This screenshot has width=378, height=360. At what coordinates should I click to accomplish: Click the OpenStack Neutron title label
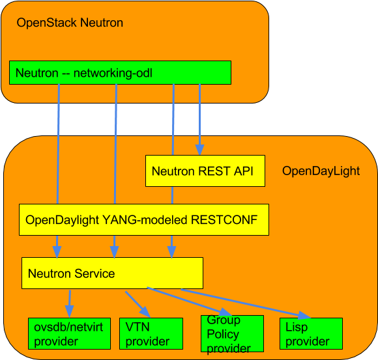tap(70, 23)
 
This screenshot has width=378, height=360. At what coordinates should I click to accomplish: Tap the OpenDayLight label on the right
tap(321, 171)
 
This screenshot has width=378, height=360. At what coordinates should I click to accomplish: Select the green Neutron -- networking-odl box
tap(121, 73)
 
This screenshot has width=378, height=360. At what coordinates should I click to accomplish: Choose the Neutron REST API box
tap(205, 171)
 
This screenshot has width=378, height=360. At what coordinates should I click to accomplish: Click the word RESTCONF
tap(224, 220)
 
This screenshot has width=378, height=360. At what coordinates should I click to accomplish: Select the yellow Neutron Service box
tap(112, 273)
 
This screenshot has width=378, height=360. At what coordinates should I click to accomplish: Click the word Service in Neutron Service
tap(94, 274)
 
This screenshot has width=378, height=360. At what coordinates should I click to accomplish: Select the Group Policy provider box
tap(231, 335)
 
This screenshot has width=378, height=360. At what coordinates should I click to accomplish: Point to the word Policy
tap(223, 334)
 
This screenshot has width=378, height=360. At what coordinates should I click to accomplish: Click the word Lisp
tap(297, 328)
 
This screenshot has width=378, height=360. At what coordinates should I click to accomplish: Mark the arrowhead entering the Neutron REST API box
tap(199, 149)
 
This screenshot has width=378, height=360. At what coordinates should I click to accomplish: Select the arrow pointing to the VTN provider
tap(138, 302)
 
